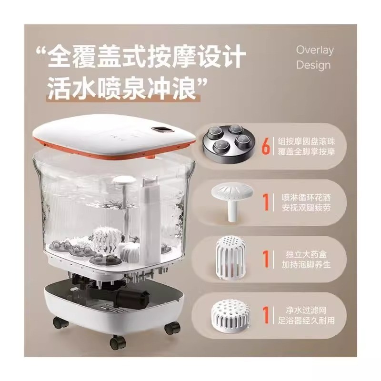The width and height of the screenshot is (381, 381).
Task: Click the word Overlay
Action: pyautogui.click(x=315, y=50)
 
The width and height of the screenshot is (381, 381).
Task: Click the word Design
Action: pyautogui.click(x=313, y=65)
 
